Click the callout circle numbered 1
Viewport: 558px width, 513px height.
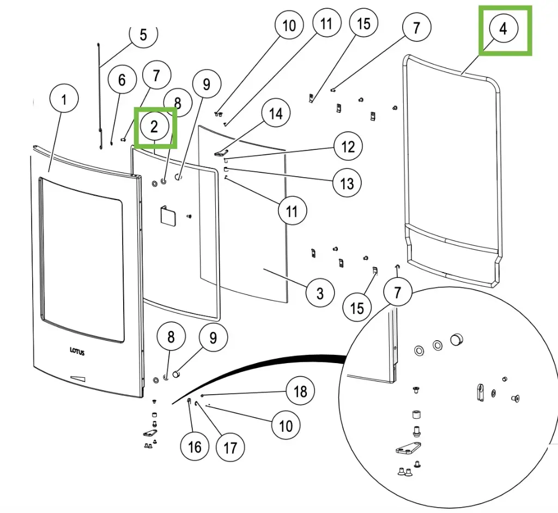tap(64, 100)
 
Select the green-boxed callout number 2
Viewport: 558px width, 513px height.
tap(155, 127)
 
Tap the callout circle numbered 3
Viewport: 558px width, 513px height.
tap(320, 293)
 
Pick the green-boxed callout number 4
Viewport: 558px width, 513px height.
tap(504, 29)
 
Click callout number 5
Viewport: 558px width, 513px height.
tap(143, 35)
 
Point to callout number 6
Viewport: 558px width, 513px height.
tap(122, 80)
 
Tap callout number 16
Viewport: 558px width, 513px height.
tap(195, 447)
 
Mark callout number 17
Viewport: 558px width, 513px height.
tap(231, 447)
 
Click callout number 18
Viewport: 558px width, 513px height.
tap(300, 391)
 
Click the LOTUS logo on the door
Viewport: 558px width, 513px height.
tap(77, 352)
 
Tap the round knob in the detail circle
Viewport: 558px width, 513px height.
tap(456, 340)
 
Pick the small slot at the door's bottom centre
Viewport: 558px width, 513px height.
tap(78, 378)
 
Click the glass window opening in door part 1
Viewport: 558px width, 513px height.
tap(82, 259)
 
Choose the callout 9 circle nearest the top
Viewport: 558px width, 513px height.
tap(206, 85)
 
